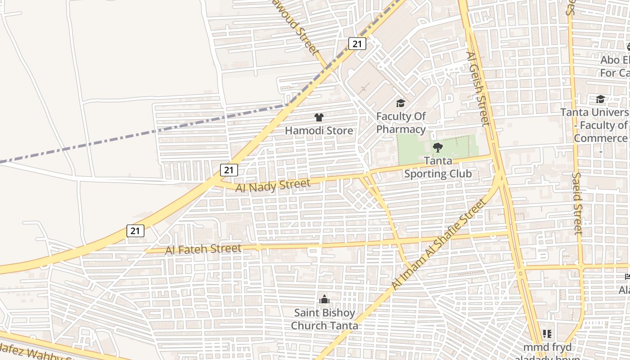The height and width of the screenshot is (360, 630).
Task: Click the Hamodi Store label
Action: click(x=319, y=130)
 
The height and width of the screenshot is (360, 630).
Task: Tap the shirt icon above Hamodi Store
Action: click(x=319, y=118)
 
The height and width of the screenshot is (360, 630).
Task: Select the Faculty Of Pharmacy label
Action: click(x=401, y=123)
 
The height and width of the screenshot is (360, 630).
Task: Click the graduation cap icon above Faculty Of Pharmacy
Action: click(x=400, y=104)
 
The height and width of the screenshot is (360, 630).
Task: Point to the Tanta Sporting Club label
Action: click(x=438, y=167)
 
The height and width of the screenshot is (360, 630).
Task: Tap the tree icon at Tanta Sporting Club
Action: click(x=437, y=147)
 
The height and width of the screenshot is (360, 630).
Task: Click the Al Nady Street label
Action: click(x=273, y=185)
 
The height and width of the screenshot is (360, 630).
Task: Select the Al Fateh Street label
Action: click(x=203, y=249)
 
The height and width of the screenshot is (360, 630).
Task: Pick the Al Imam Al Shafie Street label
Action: click(x=439, y=244)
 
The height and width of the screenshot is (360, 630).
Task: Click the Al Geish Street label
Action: click(x=478, y=89)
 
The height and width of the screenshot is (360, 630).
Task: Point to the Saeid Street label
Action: click(x=577, y=203)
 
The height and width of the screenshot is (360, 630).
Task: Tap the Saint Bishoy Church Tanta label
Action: click(x=324, y=319)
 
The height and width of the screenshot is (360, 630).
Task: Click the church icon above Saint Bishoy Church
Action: click(x=324, y=299)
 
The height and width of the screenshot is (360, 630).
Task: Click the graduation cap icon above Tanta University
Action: click(x=600, y=99)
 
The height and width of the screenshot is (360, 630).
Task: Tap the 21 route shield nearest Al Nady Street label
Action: click(x=229, y=170)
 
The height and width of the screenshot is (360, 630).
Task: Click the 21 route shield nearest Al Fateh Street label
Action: click(x=135, y=231)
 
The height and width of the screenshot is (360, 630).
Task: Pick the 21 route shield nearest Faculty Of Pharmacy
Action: click(x=357, y=44)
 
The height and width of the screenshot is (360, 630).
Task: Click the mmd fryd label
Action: click(x=547, y=347)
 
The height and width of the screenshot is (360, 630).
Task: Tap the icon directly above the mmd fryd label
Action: click(x=547, y=334)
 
